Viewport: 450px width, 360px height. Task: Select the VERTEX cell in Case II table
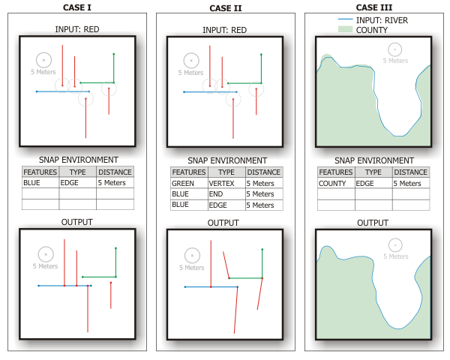click(221, 183)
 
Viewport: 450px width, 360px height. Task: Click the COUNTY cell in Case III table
click(332, 183)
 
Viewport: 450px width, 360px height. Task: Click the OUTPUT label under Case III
click(373, 223)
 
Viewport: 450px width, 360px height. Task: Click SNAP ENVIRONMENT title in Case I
click(78, 160)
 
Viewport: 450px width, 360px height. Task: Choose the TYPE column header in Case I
click(78, 172)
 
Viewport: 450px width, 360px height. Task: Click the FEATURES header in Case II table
click(188, 172)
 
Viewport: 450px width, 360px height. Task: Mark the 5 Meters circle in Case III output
click(394, 244)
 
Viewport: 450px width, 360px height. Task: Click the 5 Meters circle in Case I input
click(43, 60)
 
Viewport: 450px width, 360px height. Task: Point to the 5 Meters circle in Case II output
click(192, 255)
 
